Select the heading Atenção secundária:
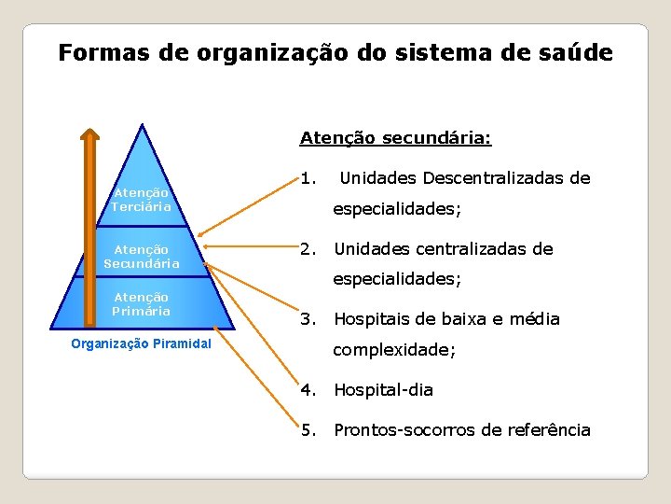click(x=395, y=138)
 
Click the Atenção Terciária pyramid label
click(x=141, y=200)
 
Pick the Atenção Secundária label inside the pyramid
click(x=141, y=257)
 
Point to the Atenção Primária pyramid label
click(x=141, y=304)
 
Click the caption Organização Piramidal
click(x=141, y=343)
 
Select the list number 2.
click(x=308, y=249)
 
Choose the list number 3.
click(x=308, y=319)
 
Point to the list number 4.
click(x=308, y=390)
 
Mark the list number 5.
click(x=308, y=430)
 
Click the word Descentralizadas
click(x=494, y=177)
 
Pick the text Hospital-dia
click(x=383, y=390)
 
